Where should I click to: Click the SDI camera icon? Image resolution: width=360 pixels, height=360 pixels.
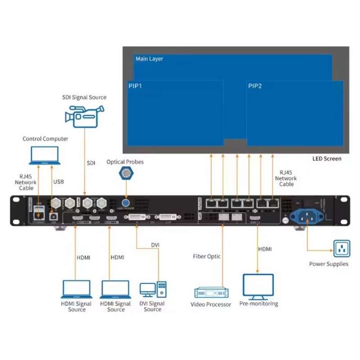tap(84, 115)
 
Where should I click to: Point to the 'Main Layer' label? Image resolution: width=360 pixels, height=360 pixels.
tap(149, 59)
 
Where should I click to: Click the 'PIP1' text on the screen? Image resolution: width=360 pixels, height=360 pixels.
tap(135, 86)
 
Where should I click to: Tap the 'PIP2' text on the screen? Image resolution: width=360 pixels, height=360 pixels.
tap(255, 86)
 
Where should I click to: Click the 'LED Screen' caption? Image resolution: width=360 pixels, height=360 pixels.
tap(327, 158)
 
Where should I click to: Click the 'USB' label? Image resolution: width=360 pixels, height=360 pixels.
tap(58, 182)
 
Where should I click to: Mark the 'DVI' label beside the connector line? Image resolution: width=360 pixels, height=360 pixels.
tap(155, 245)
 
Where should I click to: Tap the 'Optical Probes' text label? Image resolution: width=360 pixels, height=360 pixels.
tap(125, 162)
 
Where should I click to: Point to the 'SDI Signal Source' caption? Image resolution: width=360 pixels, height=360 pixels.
tap(84, 97)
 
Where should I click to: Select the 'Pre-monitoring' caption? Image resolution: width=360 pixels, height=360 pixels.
tap(258, 304)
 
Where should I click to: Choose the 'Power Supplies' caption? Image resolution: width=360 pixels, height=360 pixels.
tap(328, 264)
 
